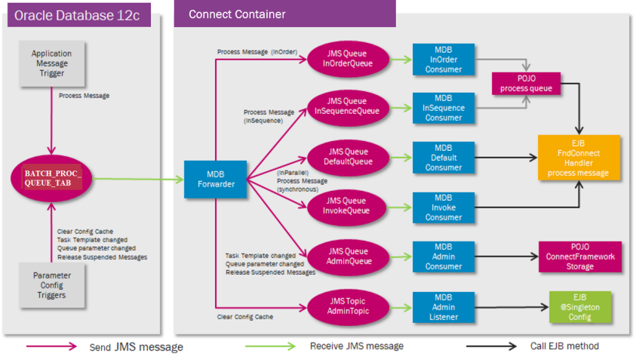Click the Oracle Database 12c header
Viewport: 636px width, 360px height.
click(79, 14)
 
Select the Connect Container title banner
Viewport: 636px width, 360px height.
click(284, 14)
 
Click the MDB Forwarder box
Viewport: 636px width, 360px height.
click(215, 180)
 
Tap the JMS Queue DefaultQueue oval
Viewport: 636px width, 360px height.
click(348, 155)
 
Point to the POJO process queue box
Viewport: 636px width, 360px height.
click(525, 83)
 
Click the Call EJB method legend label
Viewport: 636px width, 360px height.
click(564, 346)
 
